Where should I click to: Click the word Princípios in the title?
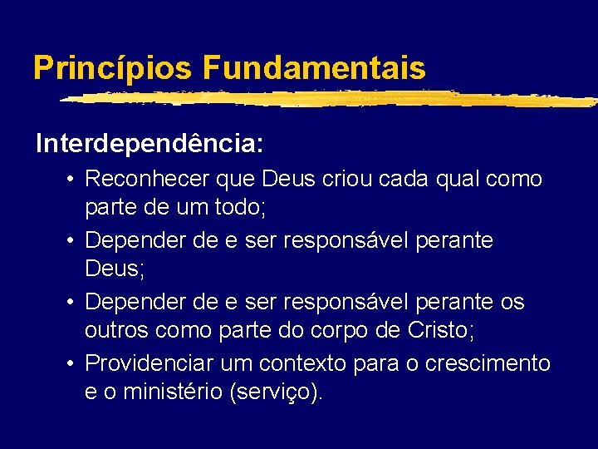point(113,68)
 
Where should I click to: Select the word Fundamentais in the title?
point(313,68)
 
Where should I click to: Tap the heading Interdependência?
point(149,144)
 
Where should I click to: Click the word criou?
point(335,179)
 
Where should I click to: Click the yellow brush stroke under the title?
point(332,99)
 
